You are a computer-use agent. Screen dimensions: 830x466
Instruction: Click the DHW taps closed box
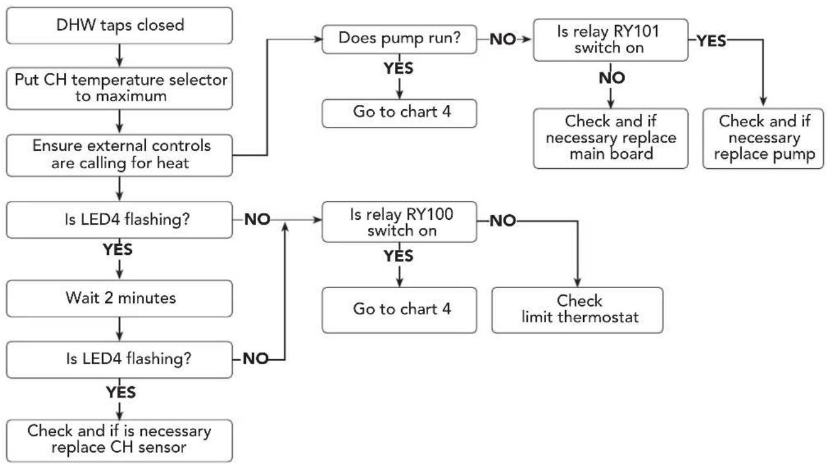(119, 26)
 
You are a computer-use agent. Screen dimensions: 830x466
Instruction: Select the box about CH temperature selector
(119, 88)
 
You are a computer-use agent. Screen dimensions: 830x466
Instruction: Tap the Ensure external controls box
(119, 155)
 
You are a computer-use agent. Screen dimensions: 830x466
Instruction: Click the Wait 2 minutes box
(119, 298)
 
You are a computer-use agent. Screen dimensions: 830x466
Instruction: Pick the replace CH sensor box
(119, 440)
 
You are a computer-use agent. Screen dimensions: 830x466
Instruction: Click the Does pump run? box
(399, 39)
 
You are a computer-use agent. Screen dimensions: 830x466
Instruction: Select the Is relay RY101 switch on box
(611, 40)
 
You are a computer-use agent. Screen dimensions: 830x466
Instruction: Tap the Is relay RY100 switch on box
(399, 222)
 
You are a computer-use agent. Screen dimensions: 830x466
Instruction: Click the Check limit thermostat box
(577, 310)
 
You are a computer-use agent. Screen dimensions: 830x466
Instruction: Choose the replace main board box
(611, 139)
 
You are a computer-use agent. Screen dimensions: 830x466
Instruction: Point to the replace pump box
(763, 139)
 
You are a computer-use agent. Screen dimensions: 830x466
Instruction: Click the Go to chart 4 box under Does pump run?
(399, 114)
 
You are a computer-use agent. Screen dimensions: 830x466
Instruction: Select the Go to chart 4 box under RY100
(399, 310)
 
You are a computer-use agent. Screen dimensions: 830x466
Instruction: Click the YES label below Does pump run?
(399, 68)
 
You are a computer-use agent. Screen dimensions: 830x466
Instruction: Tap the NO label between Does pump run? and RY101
(503, 39)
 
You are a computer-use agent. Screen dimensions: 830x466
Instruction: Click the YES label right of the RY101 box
(711, 41)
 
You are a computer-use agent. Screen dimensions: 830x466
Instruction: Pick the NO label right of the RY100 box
(503, 221)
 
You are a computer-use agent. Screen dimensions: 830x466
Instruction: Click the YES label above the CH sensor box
(121, 392)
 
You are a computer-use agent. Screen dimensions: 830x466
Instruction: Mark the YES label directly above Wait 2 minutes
(118, 249)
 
